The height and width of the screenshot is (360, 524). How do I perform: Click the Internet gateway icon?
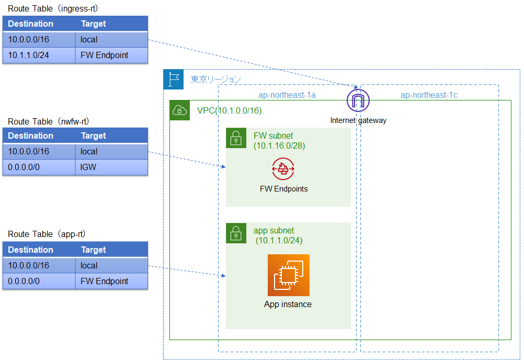[x=358, y=100]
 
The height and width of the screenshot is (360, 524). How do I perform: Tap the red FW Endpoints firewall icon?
[x=283, y=169]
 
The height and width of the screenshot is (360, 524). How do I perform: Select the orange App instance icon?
[x=288, y=275]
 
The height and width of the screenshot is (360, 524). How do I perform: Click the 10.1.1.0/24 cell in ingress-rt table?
[x=39, y=55]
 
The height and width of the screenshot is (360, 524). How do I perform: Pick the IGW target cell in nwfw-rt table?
[x=111, y=167]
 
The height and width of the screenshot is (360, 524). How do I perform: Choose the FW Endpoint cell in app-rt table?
[x=111, y=281]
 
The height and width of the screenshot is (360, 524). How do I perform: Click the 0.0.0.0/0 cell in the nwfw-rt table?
[x=39, y=167]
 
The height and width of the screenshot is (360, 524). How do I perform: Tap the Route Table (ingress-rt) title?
[x=53, y=9]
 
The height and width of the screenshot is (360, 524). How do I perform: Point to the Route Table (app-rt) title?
[x=47, y=234]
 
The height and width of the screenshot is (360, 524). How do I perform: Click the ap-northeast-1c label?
[x=429, y=95]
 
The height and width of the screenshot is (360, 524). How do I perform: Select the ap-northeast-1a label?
[x=287, y=95]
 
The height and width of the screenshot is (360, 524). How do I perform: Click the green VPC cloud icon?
[x=180, y=110]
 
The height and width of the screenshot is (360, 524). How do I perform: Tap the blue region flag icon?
[x=174, y=79]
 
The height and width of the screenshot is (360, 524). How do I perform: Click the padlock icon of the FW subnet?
[x=236, y=138]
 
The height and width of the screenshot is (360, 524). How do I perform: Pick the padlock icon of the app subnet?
[x=236, y=233]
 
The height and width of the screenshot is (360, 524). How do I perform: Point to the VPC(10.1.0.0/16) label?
[x=229, y=110]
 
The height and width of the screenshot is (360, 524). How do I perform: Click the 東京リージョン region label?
[x=215, y=79]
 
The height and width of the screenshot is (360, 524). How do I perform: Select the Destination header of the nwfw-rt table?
[x=31, y=136]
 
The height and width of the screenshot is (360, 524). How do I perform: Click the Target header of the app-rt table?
[x=94, y=250]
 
